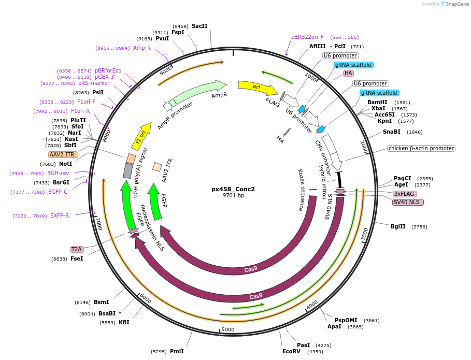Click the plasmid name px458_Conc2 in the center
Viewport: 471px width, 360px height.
(x=233, y=189)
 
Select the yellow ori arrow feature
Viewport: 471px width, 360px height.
(x=256, y=87)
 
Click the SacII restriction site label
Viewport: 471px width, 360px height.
(x=199, y=26)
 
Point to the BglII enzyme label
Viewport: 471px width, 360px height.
(x=398, y=226)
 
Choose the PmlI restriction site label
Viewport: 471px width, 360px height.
(x=177, y=351)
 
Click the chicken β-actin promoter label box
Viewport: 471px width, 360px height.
(x=421, y=149)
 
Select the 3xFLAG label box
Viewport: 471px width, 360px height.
(x=405, y=194)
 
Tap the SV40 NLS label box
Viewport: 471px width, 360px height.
(x=408, y=202)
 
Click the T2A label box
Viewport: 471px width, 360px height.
(x=77, y=249)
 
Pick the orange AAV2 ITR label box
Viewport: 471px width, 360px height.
(x=63, y=154)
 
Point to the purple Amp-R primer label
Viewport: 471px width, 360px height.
(x=142, y=48)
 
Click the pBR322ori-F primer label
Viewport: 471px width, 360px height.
(x=307, y=37)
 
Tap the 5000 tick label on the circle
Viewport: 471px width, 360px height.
(x=228, y=329)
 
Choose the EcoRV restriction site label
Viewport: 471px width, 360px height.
(x=291, y=352)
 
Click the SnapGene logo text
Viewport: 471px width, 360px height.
(x=457, y=4)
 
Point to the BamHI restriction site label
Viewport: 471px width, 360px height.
(x=377, y=102)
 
